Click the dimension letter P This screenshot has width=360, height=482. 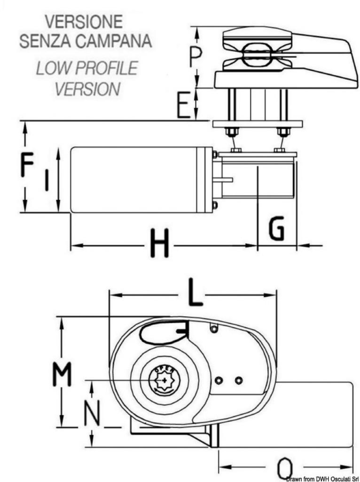[195, 57]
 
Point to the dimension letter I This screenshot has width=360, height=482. [47, 179]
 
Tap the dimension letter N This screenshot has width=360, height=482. [92, 413]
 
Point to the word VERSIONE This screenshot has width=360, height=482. [84, 22]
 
